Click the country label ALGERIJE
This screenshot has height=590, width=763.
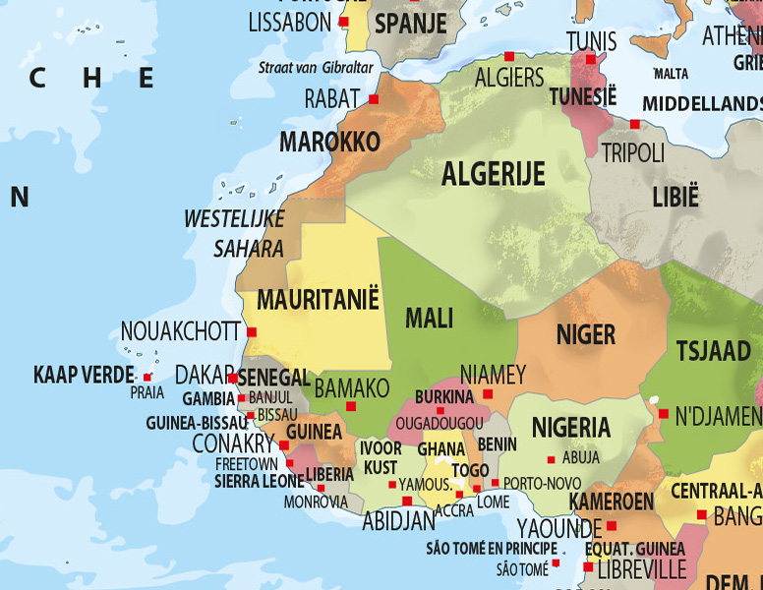tap(493, 175)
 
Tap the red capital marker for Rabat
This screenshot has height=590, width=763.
tap(374, 99)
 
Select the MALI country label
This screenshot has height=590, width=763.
tap(430, 319)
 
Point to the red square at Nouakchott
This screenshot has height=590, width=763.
tap(252, 332)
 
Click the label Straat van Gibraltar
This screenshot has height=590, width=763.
tap(316, 68)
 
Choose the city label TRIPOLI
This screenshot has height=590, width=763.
tap(632, 153)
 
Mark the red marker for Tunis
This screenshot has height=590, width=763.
tap(591, 59)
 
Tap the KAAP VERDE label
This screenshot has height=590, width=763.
tap(84, 375)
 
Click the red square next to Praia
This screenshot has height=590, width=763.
tap(147, 378)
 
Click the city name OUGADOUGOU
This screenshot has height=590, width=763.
tap(439, 422)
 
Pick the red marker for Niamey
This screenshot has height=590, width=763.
tap(488, 394)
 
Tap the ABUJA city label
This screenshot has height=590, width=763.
tap(581, 458)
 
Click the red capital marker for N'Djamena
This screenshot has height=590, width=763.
tap(664, 414)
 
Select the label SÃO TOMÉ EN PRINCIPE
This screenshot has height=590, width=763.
tap(492, 549)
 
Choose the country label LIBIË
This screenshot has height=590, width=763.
tap(675, 196)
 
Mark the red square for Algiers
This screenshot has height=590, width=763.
tap(509, 56)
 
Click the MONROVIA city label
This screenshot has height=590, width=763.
tap(316, 501)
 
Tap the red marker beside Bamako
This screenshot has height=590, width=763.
tap(351, 406)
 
